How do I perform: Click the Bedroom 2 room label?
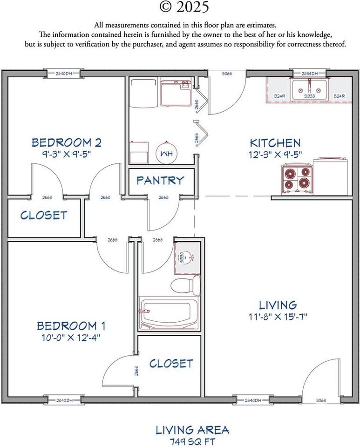click(66, 142)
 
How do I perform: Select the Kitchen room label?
click(275, 142)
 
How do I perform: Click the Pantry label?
click(160, 180)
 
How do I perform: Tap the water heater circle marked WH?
click(166, 153)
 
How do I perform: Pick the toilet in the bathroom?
click(184, 284)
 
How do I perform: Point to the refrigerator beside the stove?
click(331, 176)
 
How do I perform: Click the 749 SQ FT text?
click(192, 441)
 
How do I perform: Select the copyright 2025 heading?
click(184, 7)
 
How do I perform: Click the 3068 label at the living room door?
click(321, 400)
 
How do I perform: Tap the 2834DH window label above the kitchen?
click(309, 74)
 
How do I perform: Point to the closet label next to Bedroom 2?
click(44, 215)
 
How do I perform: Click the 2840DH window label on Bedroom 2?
click(64, 74)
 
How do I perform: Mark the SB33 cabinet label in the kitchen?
click(309, 96)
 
